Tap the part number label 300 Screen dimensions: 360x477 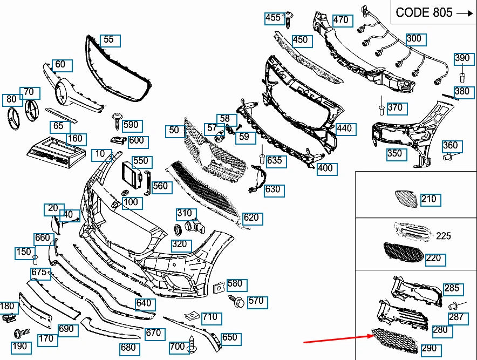click(414, 39)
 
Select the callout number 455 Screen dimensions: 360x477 click(274, 18)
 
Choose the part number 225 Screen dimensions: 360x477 click(444, 236)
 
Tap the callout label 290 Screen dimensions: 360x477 click(429, 349)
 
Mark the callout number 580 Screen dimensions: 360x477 click(235, 283)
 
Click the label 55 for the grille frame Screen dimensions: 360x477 click(108, 39)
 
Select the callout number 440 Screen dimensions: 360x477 click(344, 128)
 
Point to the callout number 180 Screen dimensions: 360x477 click(8, 307)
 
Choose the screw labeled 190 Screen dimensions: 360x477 click(21, 332)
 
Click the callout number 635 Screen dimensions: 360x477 click(274, 160)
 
